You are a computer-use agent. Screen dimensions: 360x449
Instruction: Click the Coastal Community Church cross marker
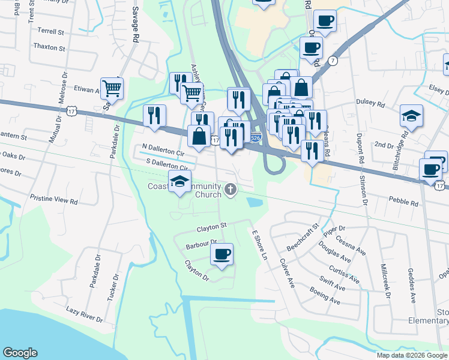(231, 190)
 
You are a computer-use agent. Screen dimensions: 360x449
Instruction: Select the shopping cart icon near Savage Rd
(112, 89)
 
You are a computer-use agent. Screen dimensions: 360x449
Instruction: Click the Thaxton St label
(49, 47)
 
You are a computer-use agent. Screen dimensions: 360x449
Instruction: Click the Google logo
(20, 353)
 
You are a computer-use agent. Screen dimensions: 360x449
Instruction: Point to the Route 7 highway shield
(333, 61)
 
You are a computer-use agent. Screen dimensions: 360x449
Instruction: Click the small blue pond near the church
(254, 202)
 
